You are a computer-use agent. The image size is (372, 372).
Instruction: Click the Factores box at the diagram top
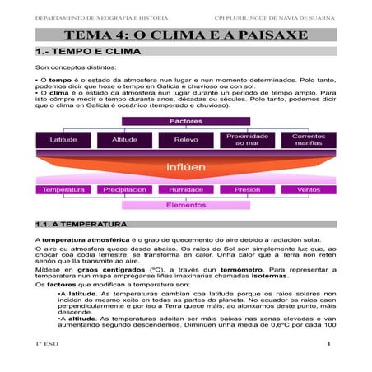[x=186, y=122]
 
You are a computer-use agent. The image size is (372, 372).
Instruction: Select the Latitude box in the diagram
[x=63, y=140]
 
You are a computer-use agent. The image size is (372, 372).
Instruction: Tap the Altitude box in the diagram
[x=124, y=140]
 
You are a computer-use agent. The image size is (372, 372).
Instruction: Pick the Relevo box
[x=186, y=140]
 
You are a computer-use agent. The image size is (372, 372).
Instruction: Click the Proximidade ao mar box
[x=248, y=140]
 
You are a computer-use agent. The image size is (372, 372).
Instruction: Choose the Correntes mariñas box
[x=309, y=140]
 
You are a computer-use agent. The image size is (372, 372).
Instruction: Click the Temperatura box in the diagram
[x=63, y=190]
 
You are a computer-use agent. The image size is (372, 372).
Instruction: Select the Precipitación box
[x=124, y=190]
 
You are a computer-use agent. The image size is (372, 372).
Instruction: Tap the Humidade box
[x=186, y=190]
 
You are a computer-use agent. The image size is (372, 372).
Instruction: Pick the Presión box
[x=248, y=190]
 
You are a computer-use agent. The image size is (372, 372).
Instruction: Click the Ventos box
[x=309, y=190]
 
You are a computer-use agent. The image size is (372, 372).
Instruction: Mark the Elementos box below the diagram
[x=186, y=205]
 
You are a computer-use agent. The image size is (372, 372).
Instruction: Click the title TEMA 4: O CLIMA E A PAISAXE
[x=186, y=35]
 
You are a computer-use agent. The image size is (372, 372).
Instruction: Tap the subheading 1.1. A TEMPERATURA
[x=81, y=224]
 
